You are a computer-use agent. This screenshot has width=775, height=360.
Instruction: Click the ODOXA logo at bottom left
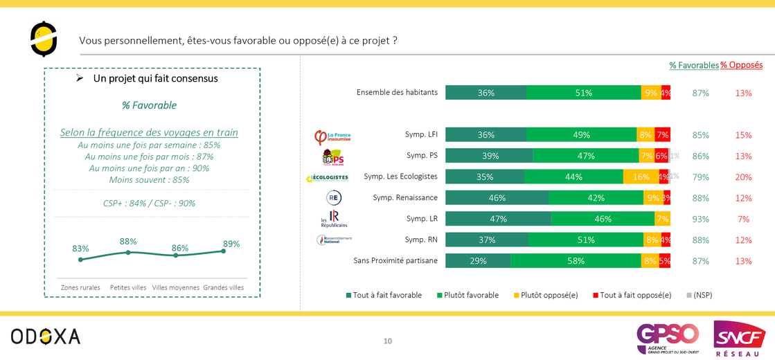(46, 336)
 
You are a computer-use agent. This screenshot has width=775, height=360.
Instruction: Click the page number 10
(388, 341)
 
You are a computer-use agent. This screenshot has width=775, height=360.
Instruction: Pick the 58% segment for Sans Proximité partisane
(576, 261)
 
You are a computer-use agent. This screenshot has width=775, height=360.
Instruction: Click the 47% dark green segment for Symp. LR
(498, 219)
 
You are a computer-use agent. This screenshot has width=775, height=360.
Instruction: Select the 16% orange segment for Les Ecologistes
(641, 177)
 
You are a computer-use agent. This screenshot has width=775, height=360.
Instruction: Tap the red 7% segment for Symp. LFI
(663, 135)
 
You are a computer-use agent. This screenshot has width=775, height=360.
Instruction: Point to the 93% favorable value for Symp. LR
(701, 219)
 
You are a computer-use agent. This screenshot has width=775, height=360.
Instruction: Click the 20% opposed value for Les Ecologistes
(744, 177)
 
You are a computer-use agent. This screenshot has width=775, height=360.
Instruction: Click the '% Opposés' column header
(741, 65)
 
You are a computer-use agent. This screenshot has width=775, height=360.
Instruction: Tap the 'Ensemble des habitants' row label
(398, 93)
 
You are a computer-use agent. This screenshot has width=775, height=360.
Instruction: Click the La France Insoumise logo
(333, 136)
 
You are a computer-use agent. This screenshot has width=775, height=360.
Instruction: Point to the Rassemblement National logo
(334, 240)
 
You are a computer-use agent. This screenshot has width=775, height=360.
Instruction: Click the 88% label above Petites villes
(128, 242)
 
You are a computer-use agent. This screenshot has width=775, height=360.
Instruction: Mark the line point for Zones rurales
(81, 260)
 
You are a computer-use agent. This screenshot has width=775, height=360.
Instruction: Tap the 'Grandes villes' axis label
(223, 287)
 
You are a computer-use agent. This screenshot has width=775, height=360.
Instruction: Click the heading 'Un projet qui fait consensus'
(155, 79)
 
